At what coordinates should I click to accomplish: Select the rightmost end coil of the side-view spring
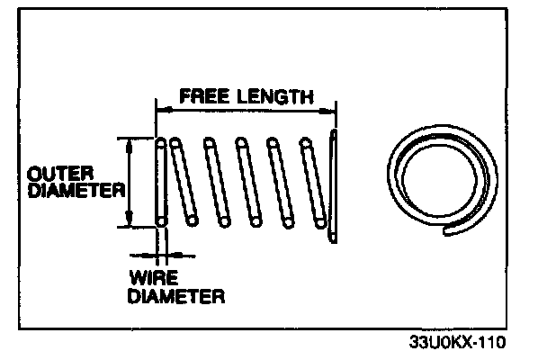(335, 187)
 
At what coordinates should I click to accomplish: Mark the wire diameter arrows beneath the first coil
(160, 254)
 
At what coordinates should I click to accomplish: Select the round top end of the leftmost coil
(161, 141)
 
